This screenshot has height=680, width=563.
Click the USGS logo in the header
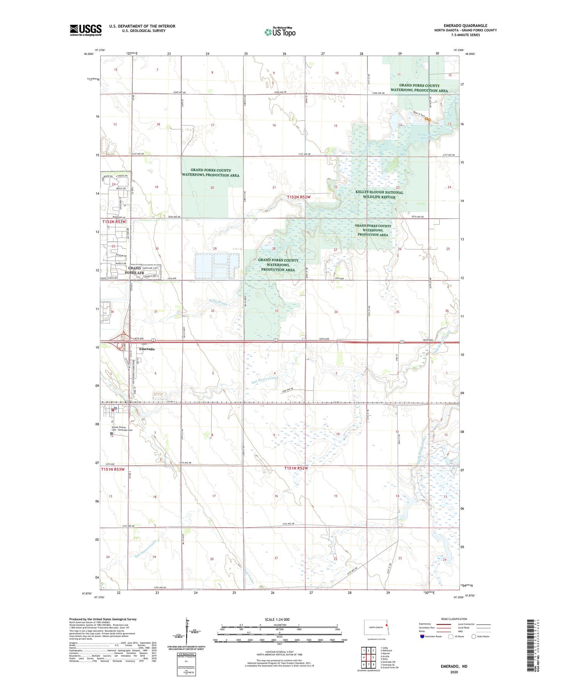tap(86, 30)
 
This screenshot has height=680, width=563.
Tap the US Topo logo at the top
tap(279, 32)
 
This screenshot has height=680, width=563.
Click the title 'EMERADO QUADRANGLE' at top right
tap(465, 26)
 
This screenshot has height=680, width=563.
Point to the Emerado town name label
tap(147, 349)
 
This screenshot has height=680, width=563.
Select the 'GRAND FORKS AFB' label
tap(134, 270)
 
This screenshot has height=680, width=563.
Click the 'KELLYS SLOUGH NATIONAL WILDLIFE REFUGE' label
tap(379, 194)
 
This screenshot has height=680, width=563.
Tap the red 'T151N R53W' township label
tap(113, 469)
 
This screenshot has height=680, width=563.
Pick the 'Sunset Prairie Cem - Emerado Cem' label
tap(122, 428)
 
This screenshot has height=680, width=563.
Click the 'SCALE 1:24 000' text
tap(277, 619)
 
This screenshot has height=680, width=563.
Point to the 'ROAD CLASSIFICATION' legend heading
tap(454, 619)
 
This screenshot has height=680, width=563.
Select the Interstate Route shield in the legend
tap(422, 636)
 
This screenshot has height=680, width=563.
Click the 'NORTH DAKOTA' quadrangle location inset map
tap(376, 628)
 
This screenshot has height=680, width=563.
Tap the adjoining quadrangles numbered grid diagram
tap(368, 657)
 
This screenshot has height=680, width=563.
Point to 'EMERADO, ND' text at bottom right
tap(454, 666)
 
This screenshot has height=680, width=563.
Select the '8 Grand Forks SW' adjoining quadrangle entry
tap(389, 668)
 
